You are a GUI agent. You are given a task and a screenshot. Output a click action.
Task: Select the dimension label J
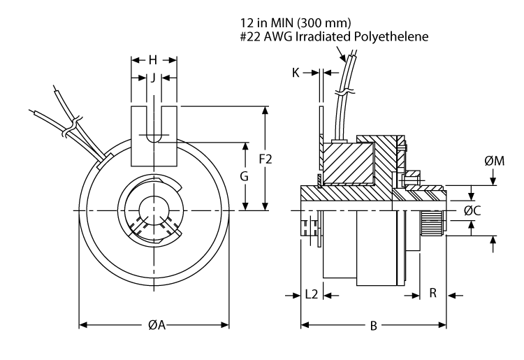click(153, 78)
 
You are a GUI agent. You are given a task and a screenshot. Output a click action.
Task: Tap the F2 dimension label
click(265, 159)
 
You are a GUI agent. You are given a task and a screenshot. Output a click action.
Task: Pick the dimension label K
click(297, 72)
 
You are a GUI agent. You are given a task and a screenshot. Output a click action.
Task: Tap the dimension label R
click(432, 294)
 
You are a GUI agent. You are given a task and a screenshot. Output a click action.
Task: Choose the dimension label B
click(374, 325)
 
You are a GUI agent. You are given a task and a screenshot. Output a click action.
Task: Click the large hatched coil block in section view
click(347, 161)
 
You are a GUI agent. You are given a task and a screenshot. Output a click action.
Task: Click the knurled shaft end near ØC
click(431, 223)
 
